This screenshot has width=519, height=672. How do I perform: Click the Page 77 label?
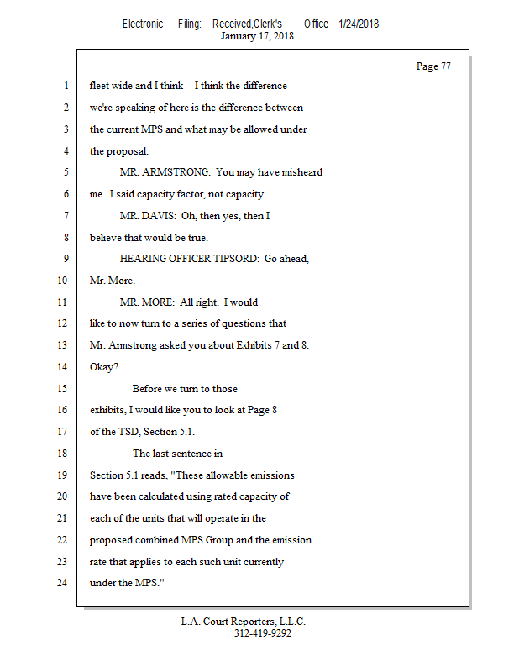point(433,66)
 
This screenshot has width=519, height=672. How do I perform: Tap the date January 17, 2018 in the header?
point(257,36)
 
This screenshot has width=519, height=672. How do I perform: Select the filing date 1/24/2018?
point(359,24)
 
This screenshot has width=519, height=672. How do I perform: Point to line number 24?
point(63,582)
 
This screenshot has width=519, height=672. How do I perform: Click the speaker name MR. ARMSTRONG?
point(165,172)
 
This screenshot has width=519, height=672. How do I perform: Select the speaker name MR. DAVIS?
point(146,216)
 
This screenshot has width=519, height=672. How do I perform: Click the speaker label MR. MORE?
point(146,302)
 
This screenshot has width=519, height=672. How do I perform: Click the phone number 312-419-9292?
point(262,633)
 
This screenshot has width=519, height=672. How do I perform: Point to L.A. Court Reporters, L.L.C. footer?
point(244,622)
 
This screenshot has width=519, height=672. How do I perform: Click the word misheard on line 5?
point(301,172)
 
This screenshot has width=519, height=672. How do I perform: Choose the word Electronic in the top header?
point(143,24)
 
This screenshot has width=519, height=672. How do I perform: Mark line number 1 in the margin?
point(65,86)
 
